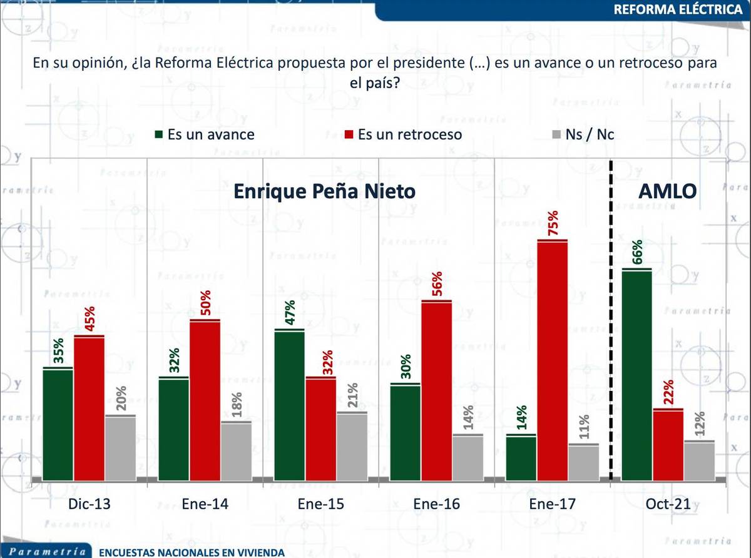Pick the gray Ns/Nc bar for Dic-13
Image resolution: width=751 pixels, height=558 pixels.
[x=120, y=447]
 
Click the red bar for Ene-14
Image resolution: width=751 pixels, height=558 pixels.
[x=205, y=399]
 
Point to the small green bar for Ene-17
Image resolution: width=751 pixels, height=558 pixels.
[x=521, y=457]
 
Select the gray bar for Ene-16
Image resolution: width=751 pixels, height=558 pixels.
[x=467, y=457]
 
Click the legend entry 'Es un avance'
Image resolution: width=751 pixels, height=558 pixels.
[x=203, y=134]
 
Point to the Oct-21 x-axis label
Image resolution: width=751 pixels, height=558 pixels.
[x=668, y=504]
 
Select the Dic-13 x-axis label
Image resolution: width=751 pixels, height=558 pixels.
[x=89, y=504]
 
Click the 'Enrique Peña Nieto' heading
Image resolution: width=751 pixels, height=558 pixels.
[x=324, y=191]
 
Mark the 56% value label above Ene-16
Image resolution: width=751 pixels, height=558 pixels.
[x=436, y=285]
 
